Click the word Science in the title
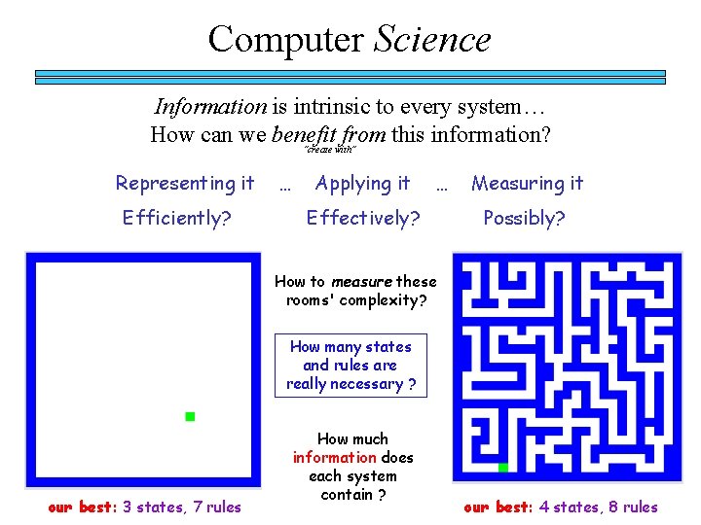pos(432,40)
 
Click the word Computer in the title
pos(286,40)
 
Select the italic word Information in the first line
pos(209,107)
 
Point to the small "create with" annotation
pos(330,150)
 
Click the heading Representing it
pos(185,183)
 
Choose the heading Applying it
pos(362,183)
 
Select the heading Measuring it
pos(528,183)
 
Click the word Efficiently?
pos(177,218)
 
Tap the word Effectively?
pos(363,218)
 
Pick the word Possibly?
pos(525,218)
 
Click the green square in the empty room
pos(191,417)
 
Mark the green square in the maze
pos(503,468)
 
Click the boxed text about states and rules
pos(350,366)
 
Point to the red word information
pos(335,457)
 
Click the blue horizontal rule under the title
pos(350,76)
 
